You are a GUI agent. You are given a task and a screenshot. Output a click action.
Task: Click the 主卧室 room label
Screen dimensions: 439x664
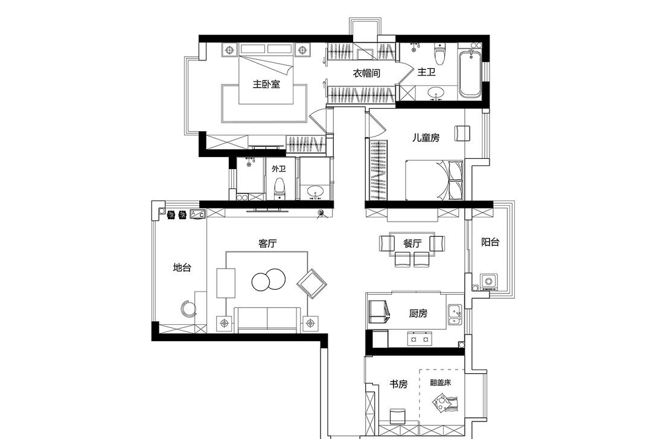coord(266,84)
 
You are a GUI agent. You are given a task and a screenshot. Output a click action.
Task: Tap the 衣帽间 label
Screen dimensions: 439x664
coord(366,73)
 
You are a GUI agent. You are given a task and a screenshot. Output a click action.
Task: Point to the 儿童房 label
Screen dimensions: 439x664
coord(426,138)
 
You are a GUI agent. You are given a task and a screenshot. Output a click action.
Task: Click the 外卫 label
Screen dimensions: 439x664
coord(278,169)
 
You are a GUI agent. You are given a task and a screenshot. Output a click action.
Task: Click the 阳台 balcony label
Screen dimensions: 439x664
coord(490,242)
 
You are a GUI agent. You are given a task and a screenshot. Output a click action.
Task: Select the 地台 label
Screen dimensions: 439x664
coord(182,267)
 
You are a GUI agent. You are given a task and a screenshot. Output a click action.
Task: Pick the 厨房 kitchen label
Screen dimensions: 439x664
coord(418,313)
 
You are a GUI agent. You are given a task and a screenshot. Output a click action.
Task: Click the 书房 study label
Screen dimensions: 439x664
coord(398,384)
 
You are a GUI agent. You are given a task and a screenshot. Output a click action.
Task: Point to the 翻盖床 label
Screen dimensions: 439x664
coord(441,382)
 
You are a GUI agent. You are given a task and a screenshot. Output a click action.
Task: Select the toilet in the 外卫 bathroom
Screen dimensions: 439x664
coord(279,188)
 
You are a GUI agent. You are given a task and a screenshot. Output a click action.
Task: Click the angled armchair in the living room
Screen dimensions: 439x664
coord(311,283)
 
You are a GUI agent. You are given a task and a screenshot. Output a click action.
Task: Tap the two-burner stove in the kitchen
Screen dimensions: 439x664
coord(420,339)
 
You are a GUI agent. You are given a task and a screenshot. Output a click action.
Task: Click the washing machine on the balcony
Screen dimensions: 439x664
coord(488,282)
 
